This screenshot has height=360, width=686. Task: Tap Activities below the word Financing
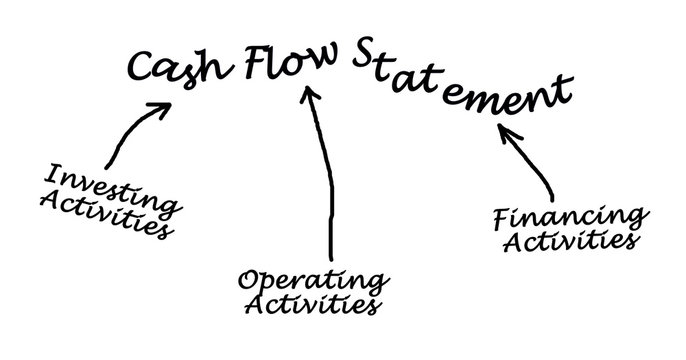[571, 241]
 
